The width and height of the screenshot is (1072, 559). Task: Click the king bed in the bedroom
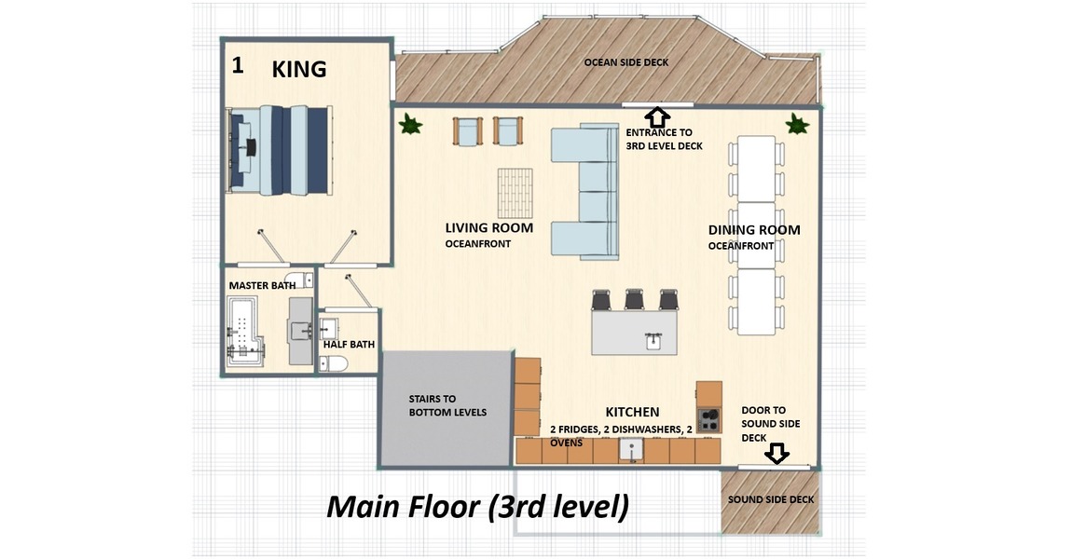(280, 150)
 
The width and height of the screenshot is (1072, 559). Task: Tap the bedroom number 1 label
(237, 65)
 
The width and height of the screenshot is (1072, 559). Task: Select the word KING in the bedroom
(299, 69)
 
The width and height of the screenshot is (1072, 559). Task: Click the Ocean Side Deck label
(626, 62)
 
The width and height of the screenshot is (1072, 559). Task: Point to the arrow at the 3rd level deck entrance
(657, 116)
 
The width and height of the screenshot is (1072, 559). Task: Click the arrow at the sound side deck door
(777, 453)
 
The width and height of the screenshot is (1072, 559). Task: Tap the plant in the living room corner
(410, 124)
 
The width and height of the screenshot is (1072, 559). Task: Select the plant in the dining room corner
(796, 124)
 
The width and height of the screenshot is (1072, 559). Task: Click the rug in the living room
(515, 193)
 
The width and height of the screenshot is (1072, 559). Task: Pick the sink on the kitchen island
(653, 340)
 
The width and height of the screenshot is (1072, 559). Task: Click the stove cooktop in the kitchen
(709, 419)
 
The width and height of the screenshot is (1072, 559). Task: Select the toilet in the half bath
(334, 363)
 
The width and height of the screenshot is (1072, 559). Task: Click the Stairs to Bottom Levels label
(447, 405)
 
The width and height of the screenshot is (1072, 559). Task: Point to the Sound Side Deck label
(771, 499)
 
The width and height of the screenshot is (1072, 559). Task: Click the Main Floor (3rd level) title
(478, 507)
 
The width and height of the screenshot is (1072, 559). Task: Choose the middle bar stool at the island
(635, 299)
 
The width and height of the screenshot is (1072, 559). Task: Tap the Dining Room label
(754, 230)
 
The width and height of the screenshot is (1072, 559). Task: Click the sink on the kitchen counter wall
(631, 450)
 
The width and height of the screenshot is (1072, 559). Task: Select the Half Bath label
(349, 345)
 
